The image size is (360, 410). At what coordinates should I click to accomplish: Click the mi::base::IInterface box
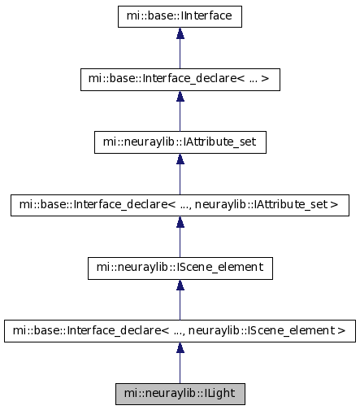pos(180,16)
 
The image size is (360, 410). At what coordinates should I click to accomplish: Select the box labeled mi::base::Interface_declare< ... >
pos(180,80)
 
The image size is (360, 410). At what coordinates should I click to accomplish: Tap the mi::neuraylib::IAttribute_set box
pos(180,142)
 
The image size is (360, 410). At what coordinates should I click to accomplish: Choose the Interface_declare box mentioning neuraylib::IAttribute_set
pos(180,205)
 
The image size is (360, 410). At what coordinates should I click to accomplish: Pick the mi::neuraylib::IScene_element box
pos(180,268)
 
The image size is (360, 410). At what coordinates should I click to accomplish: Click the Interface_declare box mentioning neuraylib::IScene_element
pos(180,331)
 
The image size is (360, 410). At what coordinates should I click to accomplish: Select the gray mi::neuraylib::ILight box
pos(180,394)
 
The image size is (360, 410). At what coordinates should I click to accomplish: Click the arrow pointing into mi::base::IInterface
pos(180,48)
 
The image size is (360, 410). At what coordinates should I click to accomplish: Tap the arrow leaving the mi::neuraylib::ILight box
pos(180,363)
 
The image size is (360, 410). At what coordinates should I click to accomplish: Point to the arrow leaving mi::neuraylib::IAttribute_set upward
pos(180,111)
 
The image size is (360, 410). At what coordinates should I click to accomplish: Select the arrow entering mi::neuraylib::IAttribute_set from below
pos(180,174)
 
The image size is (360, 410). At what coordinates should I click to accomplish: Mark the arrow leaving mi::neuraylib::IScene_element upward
pos(180,237)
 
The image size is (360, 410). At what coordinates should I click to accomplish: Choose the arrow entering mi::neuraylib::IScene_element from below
pos(180,299)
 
